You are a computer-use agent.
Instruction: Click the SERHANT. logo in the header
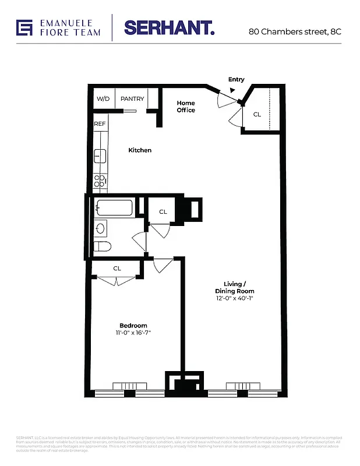169,27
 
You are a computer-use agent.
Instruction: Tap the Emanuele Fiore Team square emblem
24,27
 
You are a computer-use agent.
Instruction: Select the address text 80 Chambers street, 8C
294,31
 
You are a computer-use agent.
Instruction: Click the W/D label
103,99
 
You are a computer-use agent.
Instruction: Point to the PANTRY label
132,99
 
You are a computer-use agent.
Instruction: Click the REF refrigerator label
100,124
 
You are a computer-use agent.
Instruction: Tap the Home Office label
186,107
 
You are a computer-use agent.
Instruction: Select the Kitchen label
140,150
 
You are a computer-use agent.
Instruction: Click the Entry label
237,80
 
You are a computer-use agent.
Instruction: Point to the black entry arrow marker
233,90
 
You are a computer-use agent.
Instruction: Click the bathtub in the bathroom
115,209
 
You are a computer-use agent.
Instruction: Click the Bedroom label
133,326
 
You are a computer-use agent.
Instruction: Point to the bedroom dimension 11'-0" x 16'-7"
133,333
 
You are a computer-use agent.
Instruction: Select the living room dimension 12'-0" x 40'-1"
235,298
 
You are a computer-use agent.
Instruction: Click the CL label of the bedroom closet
117,269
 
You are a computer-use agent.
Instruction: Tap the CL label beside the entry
257,115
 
